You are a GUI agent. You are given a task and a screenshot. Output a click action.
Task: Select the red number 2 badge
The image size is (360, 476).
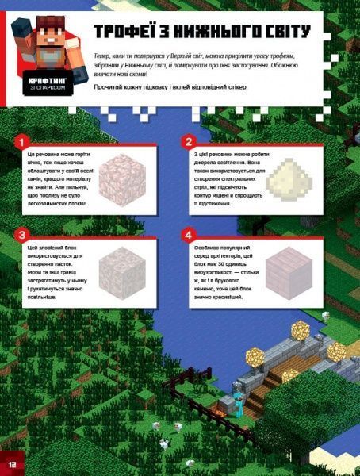(188, 142)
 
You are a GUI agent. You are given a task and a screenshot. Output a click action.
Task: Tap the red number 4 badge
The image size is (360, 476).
(188, 236)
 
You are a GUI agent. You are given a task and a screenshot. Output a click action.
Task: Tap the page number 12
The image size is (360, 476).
(12, 463)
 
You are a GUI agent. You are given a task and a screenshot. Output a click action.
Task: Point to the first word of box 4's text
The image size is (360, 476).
(209, 247)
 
